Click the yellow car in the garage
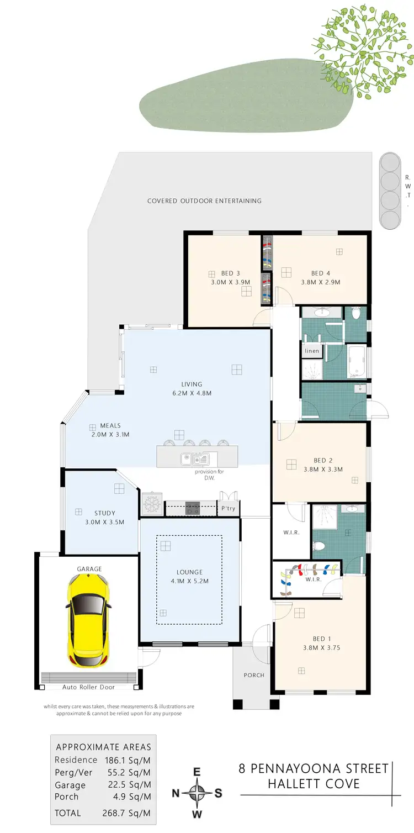(88, 620)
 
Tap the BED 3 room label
(230, 273)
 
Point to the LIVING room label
(192, 384)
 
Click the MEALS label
(110, 426)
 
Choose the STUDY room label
(104, 513)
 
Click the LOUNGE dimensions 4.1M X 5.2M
(189, 581)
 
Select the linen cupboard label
(311, 351)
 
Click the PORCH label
(254, 675)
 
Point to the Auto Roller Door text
(88, 687)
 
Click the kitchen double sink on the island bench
(194, 458)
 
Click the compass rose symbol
(197, 793)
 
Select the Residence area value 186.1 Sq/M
(129, 760)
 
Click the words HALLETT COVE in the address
(314, 783)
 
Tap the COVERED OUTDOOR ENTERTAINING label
(204, 201)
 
